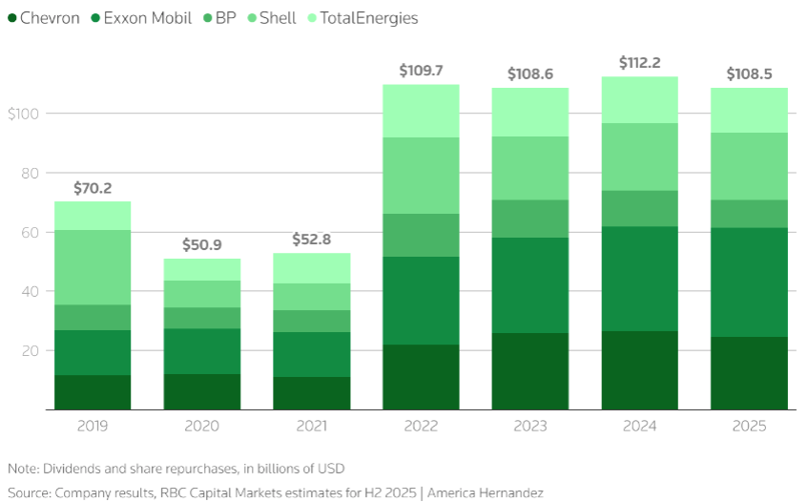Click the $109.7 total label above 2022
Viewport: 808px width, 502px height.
(421, 71)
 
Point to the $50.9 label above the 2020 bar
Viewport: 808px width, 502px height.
(201, 245)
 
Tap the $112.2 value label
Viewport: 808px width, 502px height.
(640, 63)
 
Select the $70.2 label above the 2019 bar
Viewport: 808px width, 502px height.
(93, 188)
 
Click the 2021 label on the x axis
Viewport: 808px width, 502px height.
(312, 426)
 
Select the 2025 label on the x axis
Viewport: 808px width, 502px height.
(750, 426)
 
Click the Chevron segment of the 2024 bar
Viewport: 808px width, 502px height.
(640, 370)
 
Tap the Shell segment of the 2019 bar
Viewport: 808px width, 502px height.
(93, 267)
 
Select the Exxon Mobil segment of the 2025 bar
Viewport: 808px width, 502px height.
(750, 282)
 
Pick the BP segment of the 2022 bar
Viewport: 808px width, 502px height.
(421, 235)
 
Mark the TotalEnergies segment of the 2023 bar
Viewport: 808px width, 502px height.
(530, 112)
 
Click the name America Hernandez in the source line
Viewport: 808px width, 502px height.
(486, 492)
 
